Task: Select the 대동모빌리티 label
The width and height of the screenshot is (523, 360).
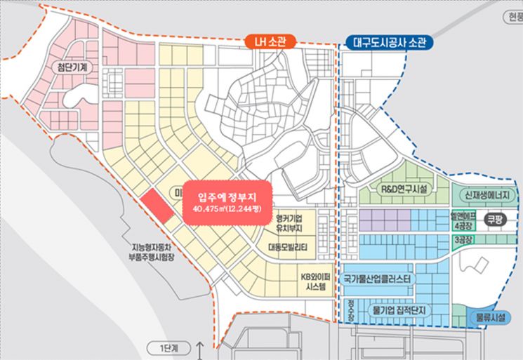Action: [293, 246]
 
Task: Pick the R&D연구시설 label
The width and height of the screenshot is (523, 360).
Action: [399, 189]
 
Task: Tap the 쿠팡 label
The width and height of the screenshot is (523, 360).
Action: [495, 220]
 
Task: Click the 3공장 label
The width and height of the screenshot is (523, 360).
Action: [461, 241]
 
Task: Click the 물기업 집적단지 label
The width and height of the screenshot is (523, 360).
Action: [399, 309]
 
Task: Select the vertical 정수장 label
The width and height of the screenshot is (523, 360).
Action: [350, 309]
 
